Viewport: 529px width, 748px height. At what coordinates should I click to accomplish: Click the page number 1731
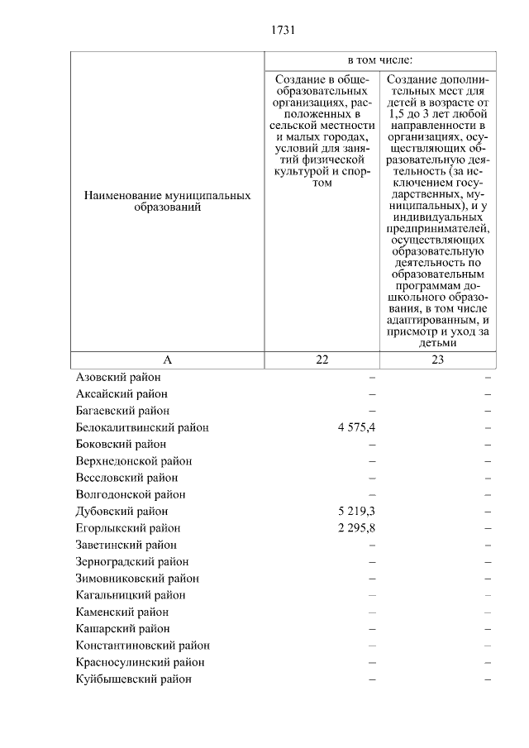tap(282, 31)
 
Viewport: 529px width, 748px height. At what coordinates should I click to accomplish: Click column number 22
tap(322, 360)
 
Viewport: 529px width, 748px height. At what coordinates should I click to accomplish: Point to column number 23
tap(437, 360)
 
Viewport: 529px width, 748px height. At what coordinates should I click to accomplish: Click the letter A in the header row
tap(167, 360)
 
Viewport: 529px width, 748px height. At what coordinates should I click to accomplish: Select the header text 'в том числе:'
tap(379, 61)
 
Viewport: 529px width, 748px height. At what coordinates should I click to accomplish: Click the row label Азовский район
tap(117, 377)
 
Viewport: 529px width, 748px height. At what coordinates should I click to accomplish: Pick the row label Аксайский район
tap(122, 393)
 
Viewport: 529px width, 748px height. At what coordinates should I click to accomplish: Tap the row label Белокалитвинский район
tap(141, 427)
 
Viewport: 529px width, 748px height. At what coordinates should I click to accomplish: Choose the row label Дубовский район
tap(122, 512)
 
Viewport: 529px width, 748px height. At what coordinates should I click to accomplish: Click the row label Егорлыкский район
tap(127, 528)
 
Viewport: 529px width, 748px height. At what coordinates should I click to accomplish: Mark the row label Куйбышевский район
tap(133, 679)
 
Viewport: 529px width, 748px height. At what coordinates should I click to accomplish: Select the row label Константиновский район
tap(142, 646)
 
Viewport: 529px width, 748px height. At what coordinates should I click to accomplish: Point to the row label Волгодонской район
tap(131, 494)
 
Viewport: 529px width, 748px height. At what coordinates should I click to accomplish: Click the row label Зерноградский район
tap(133, 562)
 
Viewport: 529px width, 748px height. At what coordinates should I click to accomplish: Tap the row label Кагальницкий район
tap(131, 595)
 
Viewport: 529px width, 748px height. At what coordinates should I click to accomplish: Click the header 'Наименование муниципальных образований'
tap(167, 202)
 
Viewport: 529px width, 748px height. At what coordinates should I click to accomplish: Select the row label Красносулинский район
tap(140, 662)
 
